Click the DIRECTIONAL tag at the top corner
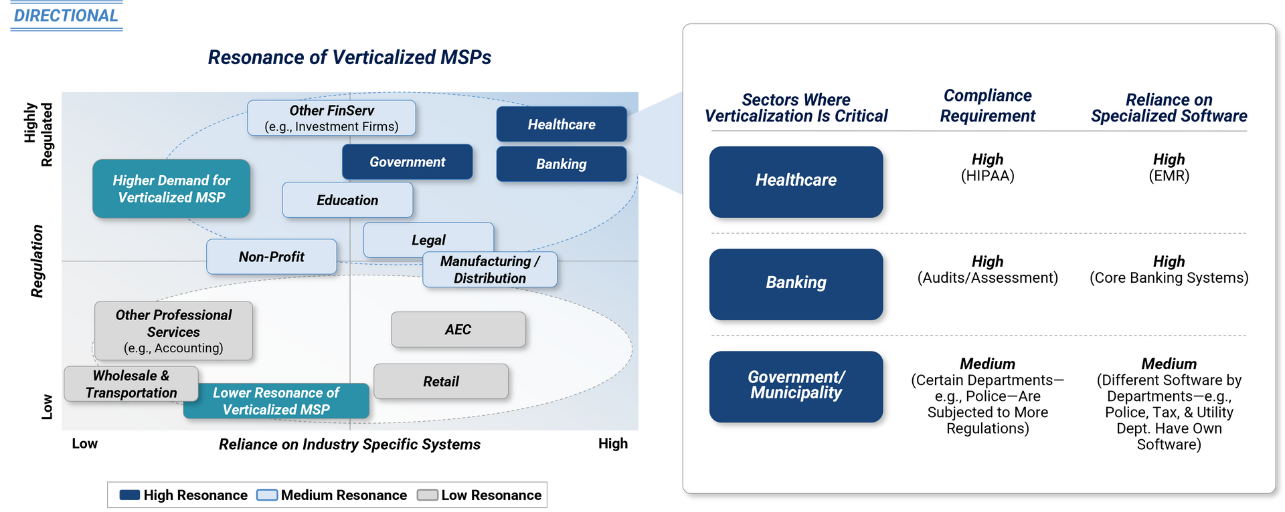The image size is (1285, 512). [x=66, y=15]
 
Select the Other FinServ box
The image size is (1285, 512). [x=331, y=118]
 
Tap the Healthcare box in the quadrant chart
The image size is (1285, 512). [x=561, y=124]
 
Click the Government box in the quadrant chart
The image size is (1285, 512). [x=407, y=162]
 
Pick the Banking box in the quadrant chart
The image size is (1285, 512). [x=561, y=164]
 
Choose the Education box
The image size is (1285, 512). [x=347, y=200]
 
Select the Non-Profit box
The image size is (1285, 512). [x=271, y=257]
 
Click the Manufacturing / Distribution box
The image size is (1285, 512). [x=490, y=270]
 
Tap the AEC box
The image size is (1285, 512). [x=458, y=330]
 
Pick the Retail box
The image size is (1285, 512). [x=440, y=381]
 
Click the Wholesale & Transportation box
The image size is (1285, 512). [x=131, y=384]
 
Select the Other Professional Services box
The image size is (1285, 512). [x=173, y=331]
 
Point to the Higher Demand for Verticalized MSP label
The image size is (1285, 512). [x=171, y=188]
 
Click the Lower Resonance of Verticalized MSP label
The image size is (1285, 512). [x=276, y=401]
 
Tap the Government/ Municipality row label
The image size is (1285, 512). [x=796, y=386]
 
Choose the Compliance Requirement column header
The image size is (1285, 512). [x=987, y=106]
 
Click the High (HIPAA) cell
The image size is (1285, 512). [x=987, y=167]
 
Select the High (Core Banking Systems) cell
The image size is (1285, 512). [x=1169, y=269]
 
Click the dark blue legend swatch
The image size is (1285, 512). [x=130, y=495]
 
